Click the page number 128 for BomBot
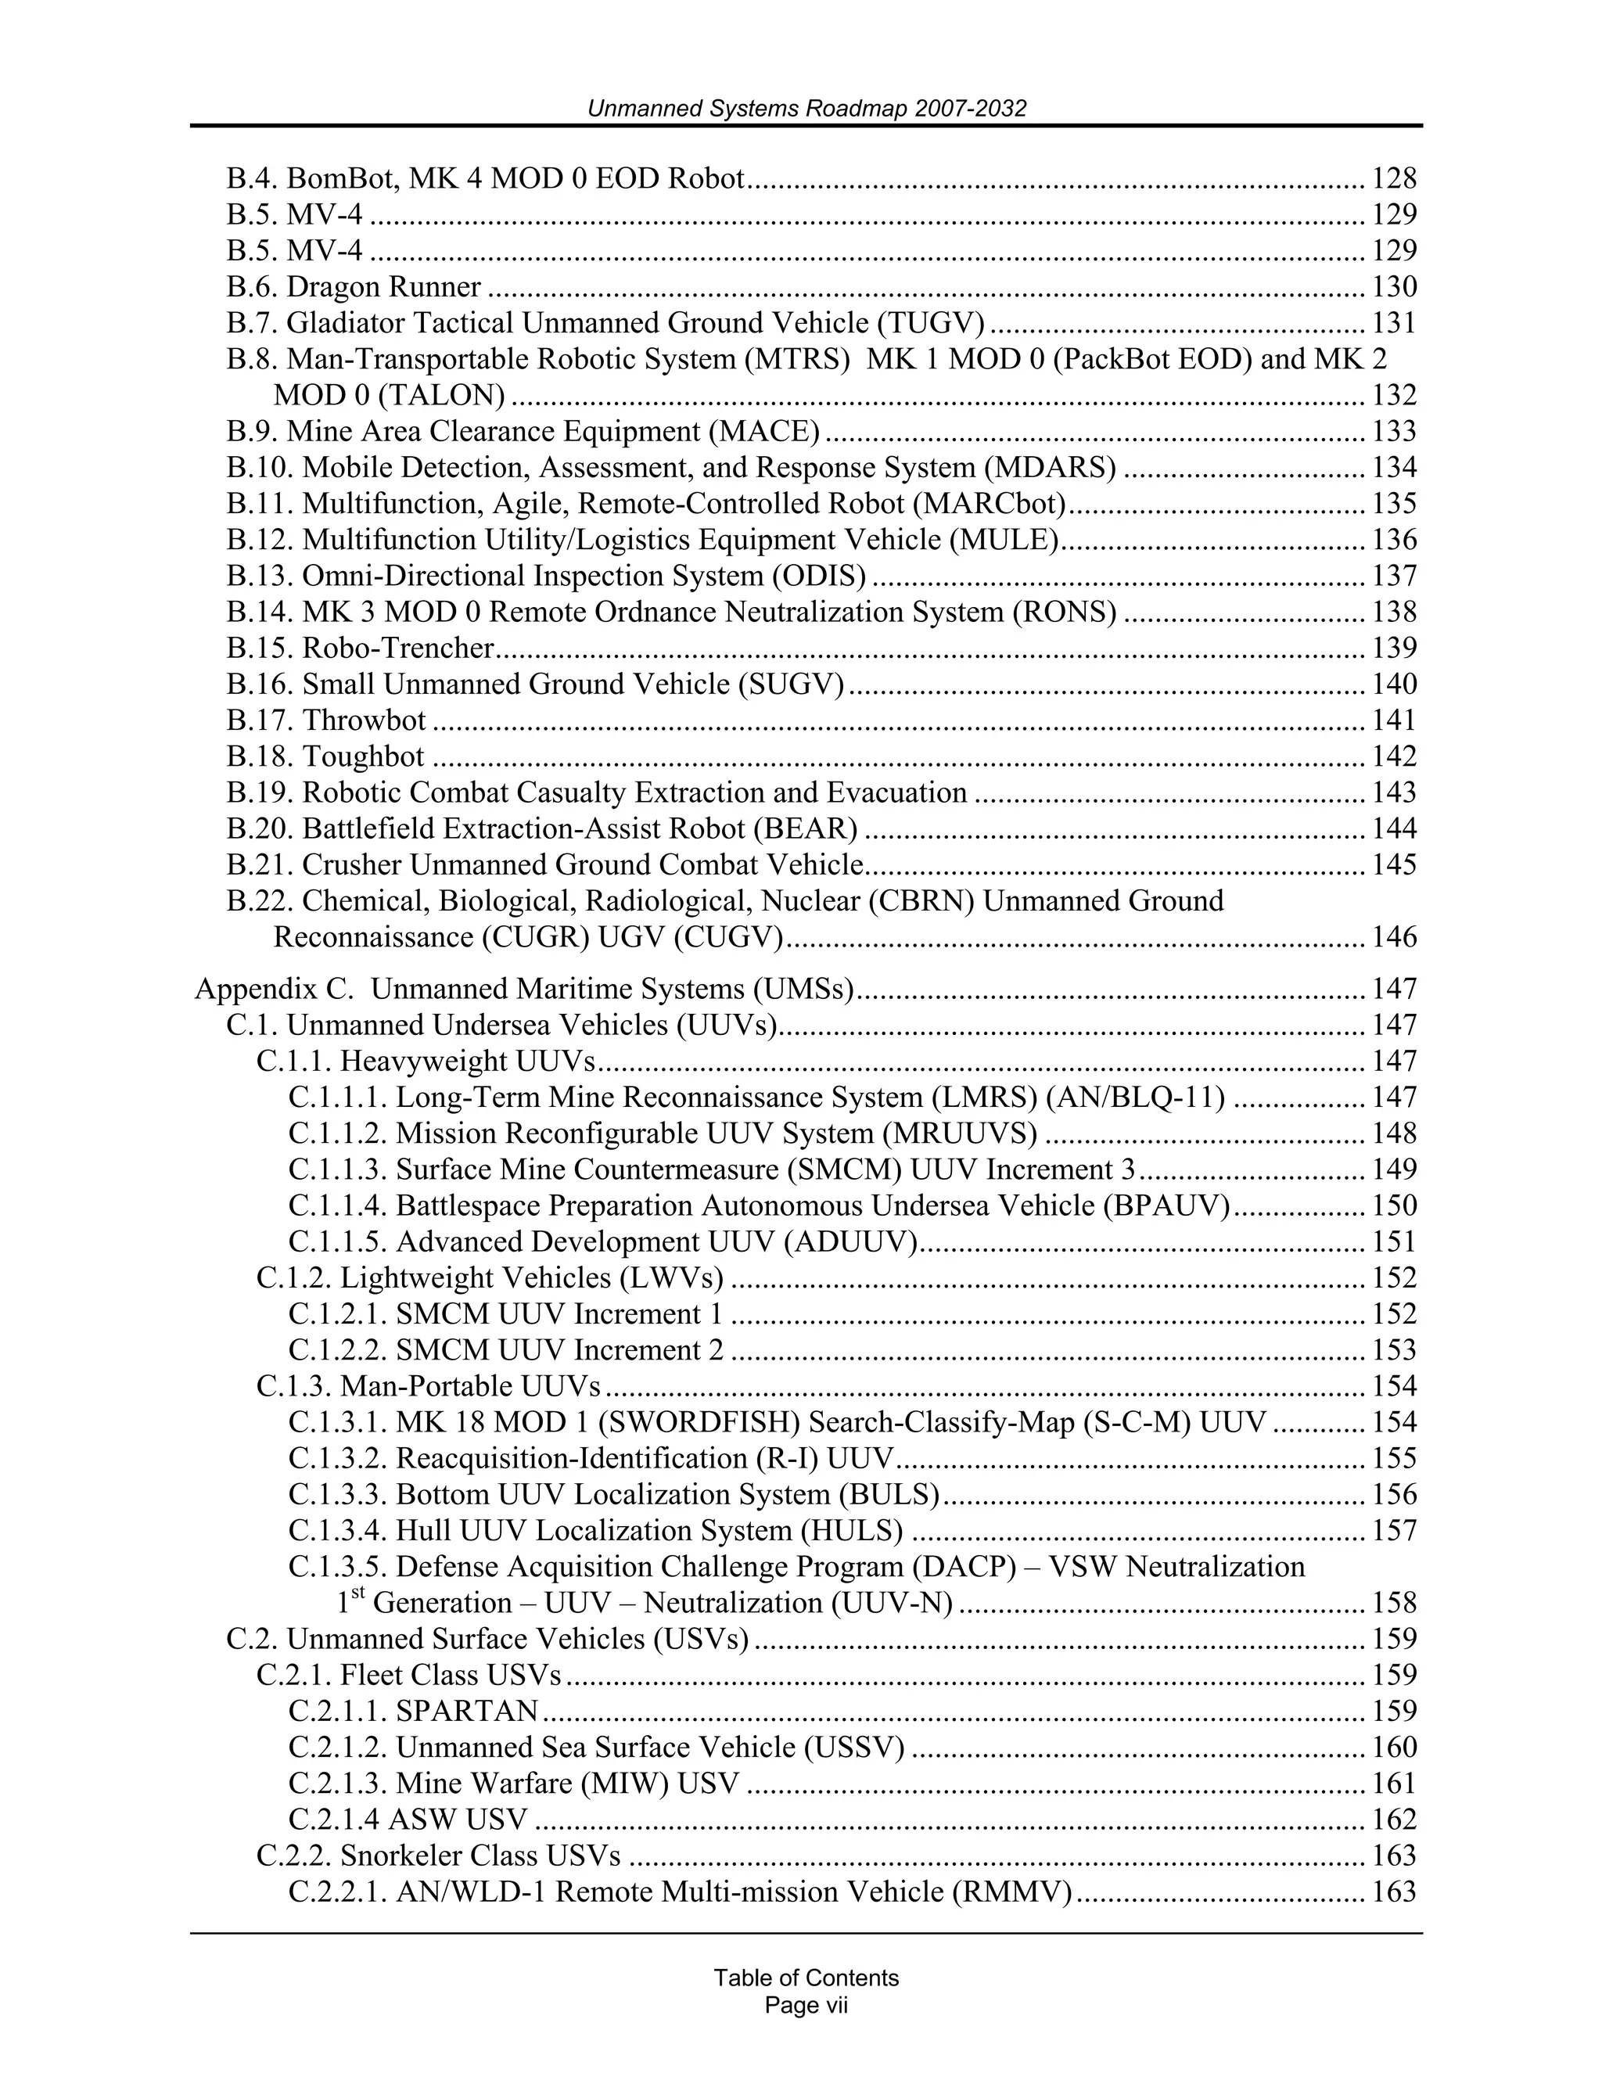click(1393, 178)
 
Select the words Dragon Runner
click(383, 286)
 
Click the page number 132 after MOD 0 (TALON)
click(1393, 395)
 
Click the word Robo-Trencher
click(397, 648)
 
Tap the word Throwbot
click(364, 720)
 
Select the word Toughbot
click(362, 756)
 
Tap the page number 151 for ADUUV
click(1393, 1241)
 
